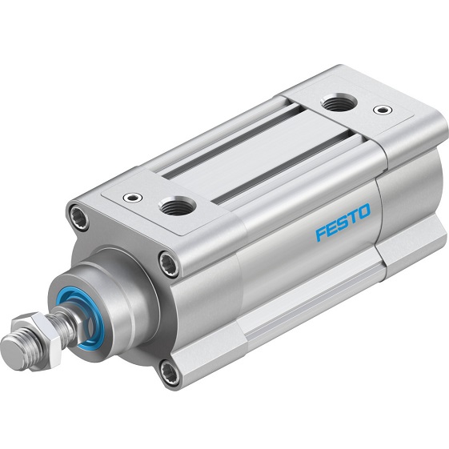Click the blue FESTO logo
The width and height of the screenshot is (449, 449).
coord(343,222)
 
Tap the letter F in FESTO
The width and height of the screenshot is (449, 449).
coord(321,234)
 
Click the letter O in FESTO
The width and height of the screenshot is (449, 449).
coord(363,210)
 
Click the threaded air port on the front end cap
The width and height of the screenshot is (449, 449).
coord(178,206)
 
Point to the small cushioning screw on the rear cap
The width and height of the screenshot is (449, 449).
coord(383,110)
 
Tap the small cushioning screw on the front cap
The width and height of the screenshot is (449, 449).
coord(132,198)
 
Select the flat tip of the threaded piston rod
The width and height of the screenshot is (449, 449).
coord(13,351)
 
